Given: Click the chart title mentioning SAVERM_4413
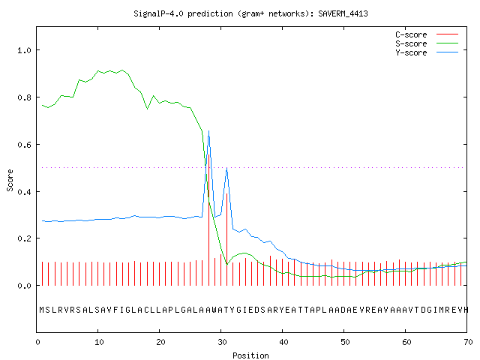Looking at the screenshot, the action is [250, 13].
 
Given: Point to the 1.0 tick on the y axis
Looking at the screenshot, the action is [24, 50].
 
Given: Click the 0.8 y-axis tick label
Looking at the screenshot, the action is [24, 97].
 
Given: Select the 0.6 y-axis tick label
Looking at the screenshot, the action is [24, 145].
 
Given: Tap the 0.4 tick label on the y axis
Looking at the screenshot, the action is [24, 192].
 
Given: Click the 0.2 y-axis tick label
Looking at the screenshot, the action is [24, 238].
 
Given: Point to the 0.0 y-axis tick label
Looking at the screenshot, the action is [24, 286].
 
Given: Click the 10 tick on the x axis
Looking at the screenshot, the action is [99, 342].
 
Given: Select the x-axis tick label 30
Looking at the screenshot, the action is [222, 342].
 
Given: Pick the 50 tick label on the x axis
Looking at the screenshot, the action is [345, 342].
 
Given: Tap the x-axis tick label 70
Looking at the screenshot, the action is [468, 342].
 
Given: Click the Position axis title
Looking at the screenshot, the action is [250, 355].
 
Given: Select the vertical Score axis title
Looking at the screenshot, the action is [10, 180].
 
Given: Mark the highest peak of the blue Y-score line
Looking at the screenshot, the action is [208, 131].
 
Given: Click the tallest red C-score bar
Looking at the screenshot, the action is [208, 220].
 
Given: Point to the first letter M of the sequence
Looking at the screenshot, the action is [42, 310].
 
